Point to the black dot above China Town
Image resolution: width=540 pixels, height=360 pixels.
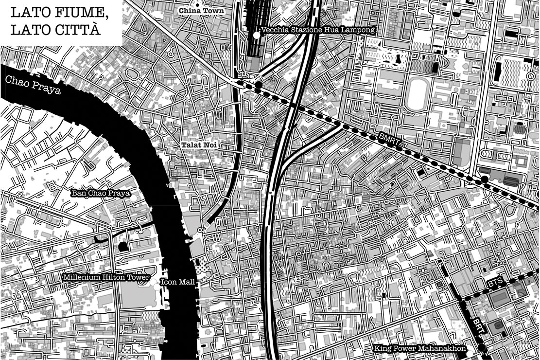[197, 4]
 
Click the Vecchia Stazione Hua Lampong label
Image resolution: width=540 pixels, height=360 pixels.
[318, 30]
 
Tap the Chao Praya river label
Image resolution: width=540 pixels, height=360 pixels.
[30, 86]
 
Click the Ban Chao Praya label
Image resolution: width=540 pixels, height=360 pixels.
[101, 193]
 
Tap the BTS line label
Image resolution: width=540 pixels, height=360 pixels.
[494, 282]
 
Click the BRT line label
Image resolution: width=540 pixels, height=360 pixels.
[479, 325]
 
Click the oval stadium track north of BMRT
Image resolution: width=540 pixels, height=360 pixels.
[416, 94]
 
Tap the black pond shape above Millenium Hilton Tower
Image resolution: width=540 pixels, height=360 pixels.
[123, 247]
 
